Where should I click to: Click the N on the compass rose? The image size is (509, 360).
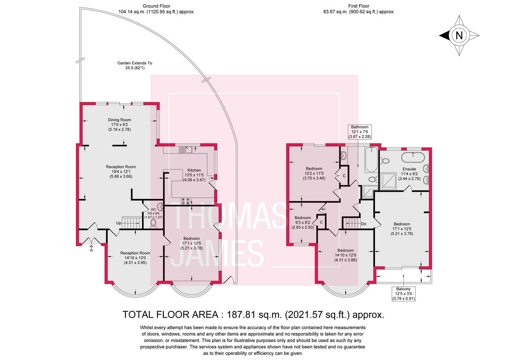pos(459,36)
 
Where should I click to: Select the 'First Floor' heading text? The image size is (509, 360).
pos(359,6)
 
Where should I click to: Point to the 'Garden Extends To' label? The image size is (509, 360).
pos(134,63)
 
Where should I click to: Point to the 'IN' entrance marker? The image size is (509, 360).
pos(91,251)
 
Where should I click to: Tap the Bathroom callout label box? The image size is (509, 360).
pos(359,131)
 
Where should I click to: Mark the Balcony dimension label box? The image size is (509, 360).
pos(403,293)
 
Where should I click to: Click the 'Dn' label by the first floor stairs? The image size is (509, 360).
pos(364,224)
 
